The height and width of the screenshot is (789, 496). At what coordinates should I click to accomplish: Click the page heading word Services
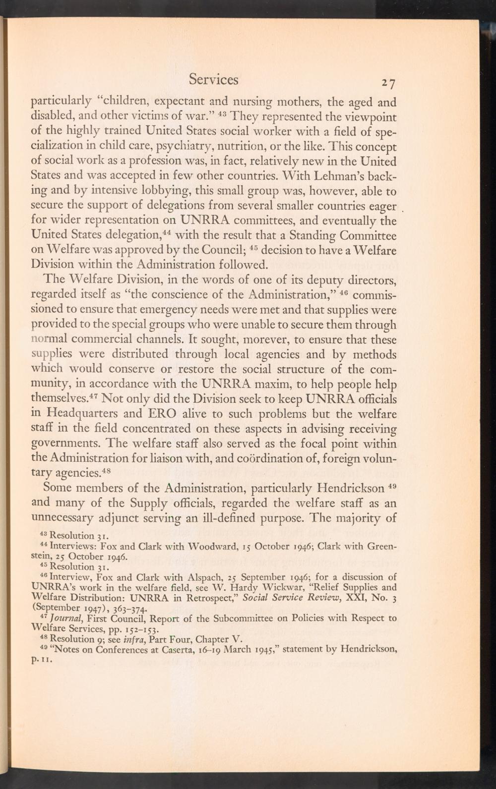click(x=213, y=80)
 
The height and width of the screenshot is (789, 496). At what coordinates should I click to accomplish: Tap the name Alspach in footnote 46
click(x=230, y=577)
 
